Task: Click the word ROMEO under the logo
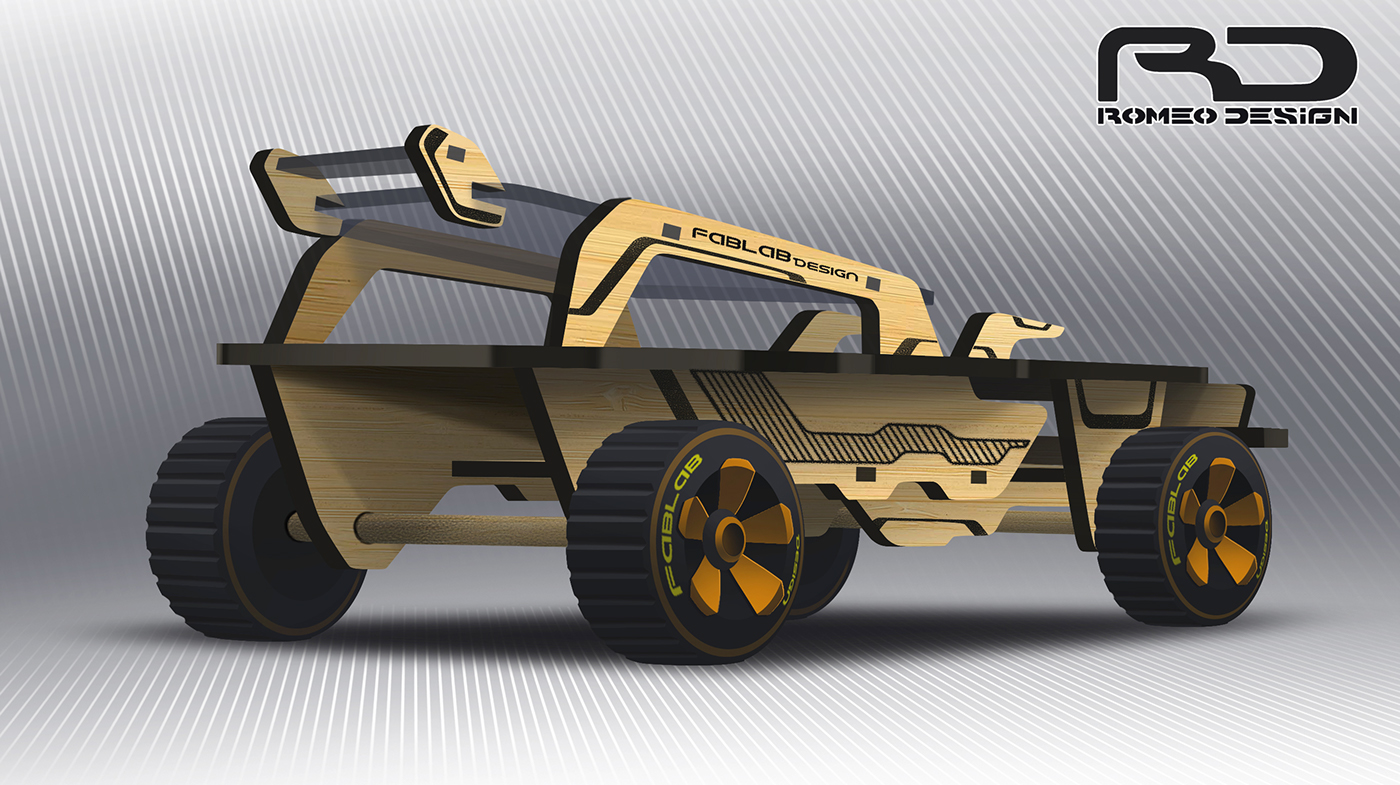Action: point(1158,116)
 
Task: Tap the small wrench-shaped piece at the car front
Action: point(1010,330)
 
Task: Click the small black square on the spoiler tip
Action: point(456,153)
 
